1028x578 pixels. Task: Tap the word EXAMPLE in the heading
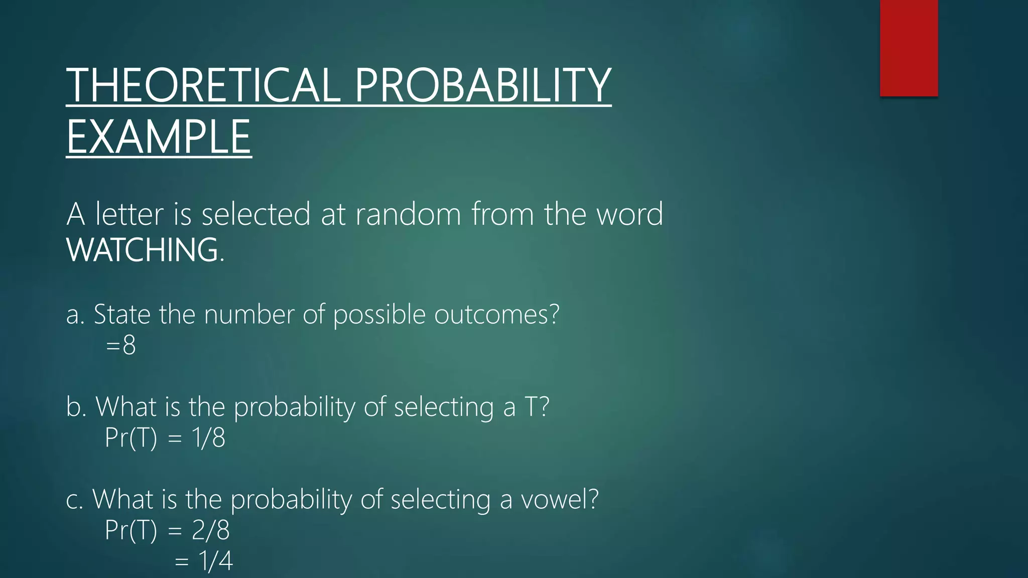(159, 137)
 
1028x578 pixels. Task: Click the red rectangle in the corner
(909, 48)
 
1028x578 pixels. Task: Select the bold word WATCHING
(143, 250)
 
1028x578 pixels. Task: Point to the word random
(408, 214)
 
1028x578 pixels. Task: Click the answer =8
(121, 346)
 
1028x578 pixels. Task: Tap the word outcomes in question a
(496, 315)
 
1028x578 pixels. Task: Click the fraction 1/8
(208, 438)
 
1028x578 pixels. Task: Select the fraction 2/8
(210, 530)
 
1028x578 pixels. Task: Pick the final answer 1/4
(216, 561)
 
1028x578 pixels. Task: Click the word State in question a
(122, 315)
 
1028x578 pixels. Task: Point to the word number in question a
(249, 315)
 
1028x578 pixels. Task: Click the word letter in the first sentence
(130, 214)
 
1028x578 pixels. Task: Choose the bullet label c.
(74, 500)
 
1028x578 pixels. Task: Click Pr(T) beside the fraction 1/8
(131, 438)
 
